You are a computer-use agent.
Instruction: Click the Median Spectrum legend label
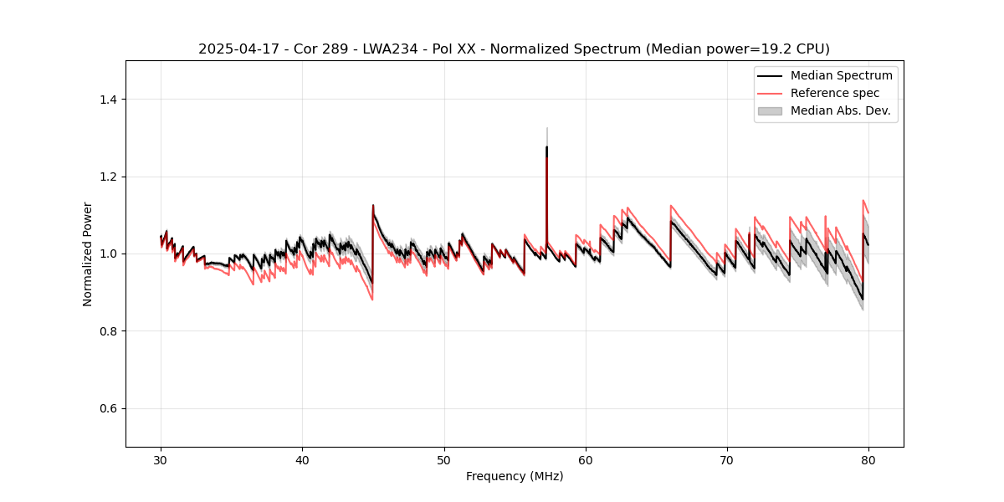(841, 75)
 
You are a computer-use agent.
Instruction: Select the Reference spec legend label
(834, 93)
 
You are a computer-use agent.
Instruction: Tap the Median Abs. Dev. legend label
(840, 110)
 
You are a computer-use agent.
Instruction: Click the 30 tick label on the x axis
(161, 460)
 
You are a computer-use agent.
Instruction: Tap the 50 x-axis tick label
(444, 460)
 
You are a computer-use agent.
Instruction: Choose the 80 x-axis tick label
(868, 460)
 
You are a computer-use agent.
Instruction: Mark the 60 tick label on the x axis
(586, 460)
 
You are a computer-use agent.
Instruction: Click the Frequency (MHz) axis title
(515, 477)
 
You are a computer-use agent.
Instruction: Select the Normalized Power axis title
(88, 254)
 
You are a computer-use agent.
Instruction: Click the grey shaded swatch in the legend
(770, 110)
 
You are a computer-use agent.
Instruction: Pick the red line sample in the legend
(770, 93)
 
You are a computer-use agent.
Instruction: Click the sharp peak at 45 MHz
(373, 205)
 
